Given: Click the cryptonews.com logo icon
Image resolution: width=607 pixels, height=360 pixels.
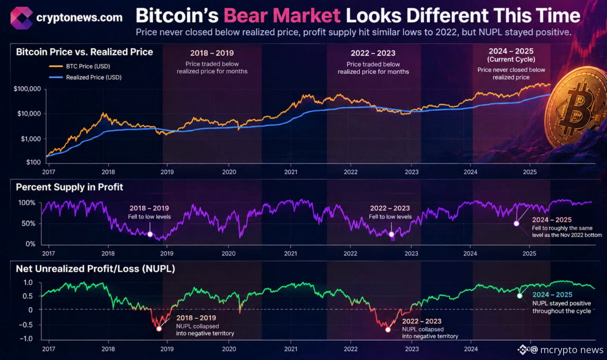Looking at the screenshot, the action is (x=22, y=18).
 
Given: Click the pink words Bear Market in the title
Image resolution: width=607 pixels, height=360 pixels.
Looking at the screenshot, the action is (x=282, y=15).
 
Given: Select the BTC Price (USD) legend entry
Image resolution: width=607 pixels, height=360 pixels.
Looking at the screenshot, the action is (x=79, y=66).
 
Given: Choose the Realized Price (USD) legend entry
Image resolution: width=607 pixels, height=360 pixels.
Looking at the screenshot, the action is (x=85, y=77).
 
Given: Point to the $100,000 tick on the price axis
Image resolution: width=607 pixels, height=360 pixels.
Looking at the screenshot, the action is (x=27, y=89).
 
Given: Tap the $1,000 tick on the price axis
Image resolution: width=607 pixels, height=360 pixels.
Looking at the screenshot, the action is (x=31, y=139).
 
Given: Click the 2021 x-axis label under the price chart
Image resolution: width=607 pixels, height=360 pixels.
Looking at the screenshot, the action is (x=290, y=172).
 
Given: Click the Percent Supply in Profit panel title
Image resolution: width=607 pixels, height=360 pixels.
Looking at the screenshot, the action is (x=70, y=187).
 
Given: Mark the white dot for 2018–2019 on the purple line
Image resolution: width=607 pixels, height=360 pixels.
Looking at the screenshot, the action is (x=150, y=234).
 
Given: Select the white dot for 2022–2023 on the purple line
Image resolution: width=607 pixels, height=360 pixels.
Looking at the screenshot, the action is (x=391, y=234).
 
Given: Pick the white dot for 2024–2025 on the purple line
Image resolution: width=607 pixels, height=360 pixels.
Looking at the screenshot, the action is (x=517, y=224).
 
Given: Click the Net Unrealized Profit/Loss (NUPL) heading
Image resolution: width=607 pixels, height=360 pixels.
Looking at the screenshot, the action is (x=95, y=269).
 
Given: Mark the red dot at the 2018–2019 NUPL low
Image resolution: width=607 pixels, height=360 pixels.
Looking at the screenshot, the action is (x=159, y=328).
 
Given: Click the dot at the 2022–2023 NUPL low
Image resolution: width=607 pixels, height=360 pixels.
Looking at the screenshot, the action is (x=388, y=330).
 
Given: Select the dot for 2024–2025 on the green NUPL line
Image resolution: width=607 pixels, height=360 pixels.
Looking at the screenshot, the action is (x=520, y=296).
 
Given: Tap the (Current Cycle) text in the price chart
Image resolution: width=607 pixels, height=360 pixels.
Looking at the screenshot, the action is (x=511, y=59).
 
